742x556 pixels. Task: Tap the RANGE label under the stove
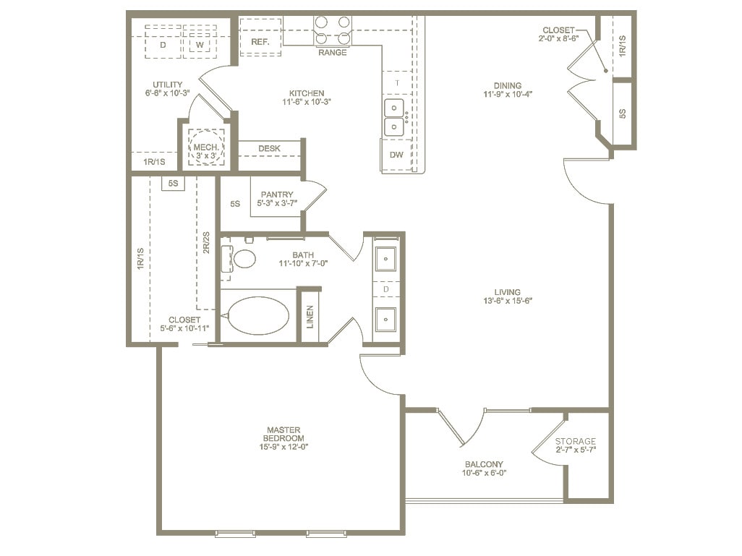click(332, 53)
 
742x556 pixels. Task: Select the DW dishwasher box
click(396, 155)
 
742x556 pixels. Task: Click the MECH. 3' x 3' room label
click(206, 150)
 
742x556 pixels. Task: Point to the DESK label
click(269, 148)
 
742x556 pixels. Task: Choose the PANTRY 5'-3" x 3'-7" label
click(277, 199)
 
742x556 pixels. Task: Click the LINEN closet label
click(310, 316)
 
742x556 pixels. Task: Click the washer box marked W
click(198, 45)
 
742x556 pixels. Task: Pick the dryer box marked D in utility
click(163, 45)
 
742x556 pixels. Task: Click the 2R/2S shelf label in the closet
click(206, 243)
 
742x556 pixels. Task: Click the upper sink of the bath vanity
click(385, 258)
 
